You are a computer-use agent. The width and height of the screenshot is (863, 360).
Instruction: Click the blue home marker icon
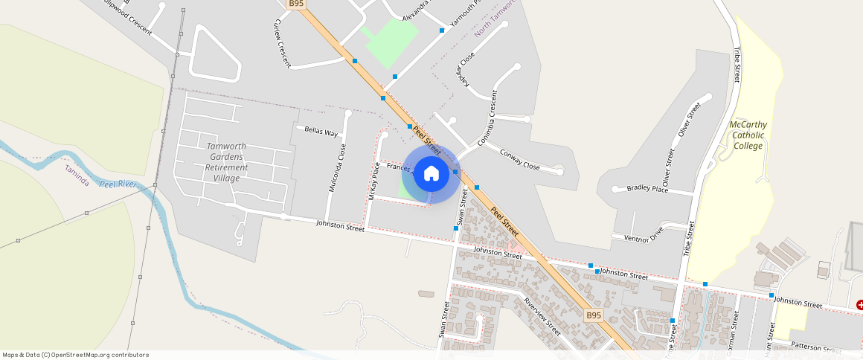(431, 174)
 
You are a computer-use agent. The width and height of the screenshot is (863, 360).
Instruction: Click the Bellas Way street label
(321, 131)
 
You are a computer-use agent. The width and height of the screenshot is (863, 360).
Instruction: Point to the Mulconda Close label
(337, 167)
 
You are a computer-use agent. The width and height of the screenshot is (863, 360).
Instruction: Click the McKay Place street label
(374, 181)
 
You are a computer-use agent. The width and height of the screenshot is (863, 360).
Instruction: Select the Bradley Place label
(647, 189)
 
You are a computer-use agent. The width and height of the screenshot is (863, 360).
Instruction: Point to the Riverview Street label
(542, 315)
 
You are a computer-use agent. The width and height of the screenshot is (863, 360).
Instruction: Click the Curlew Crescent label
(281, 43)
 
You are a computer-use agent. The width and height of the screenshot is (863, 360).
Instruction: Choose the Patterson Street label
(815, 347)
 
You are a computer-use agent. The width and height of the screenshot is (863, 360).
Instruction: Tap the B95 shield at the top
(296, 4)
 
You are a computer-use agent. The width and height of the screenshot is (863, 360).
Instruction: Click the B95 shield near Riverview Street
(592, 315)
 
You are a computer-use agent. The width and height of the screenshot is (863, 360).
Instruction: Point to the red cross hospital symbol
(859, 305)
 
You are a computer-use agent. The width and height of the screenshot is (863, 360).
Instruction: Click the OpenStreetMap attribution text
(75, 355)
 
